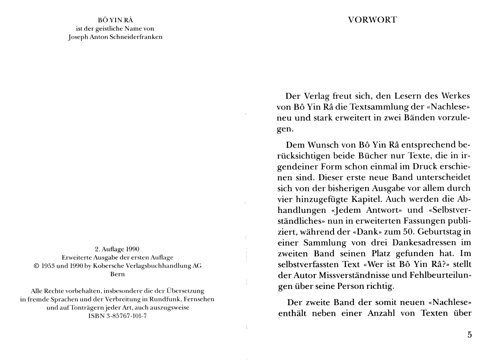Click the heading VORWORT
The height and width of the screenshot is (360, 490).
tap(372, 20)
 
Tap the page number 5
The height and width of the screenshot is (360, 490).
tap(469, 335)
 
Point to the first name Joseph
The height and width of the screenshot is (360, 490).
tap(78, 37)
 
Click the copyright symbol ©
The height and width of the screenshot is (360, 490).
tap(36, 266)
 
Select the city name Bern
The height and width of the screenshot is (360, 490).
tap(117, 274)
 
